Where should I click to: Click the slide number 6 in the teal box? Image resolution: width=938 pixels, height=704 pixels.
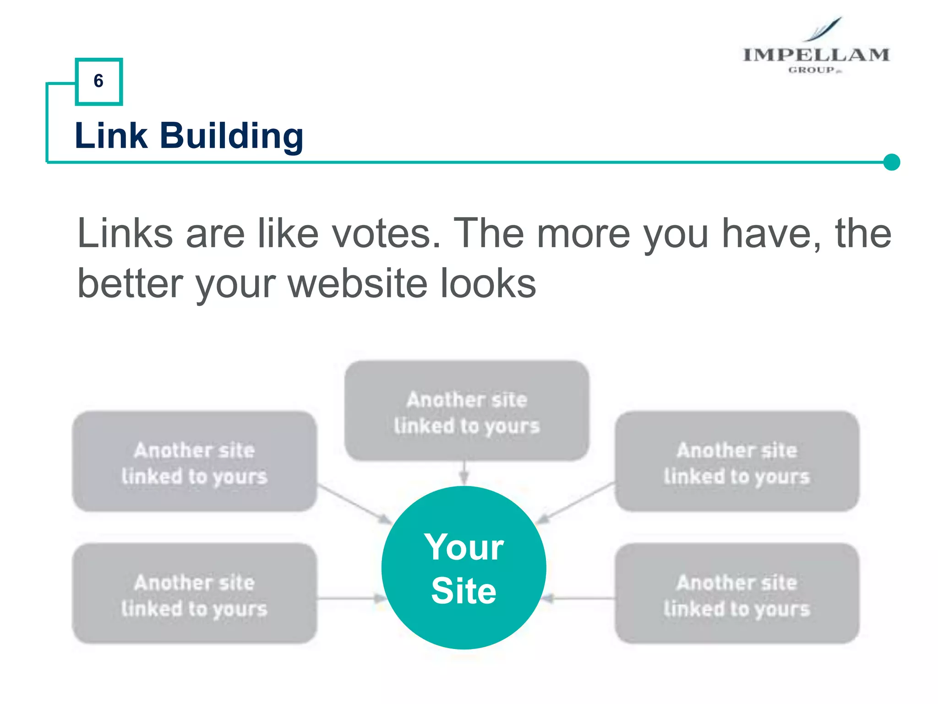[98, 81]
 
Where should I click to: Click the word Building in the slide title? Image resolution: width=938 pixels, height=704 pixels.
[231, 136]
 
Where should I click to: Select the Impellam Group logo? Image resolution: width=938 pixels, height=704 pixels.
[816, 48]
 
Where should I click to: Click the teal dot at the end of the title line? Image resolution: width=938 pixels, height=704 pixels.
[891, 162]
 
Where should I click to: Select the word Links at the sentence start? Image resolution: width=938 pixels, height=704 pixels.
[125, 234]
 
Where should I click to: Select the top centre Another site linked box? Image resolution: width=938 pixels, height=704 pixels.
[466, 411]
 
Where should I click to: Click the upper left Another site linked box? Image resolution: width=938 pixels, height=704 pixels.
[195, 461]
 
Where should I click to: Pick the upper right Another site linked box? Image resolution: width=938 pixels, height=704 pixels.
[736, 461]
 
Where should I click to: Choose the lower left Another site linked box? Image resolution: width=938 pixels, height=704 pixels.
[195, 594]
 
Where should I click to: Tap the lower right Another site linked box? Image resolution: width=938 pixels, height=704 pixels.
[736, 594]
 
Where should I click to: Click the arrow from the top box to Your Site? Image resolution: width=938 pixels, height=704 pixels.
[464, 473]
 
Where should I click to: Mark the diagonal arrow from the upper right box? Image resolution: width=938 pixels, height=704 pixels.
[576, 503]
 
